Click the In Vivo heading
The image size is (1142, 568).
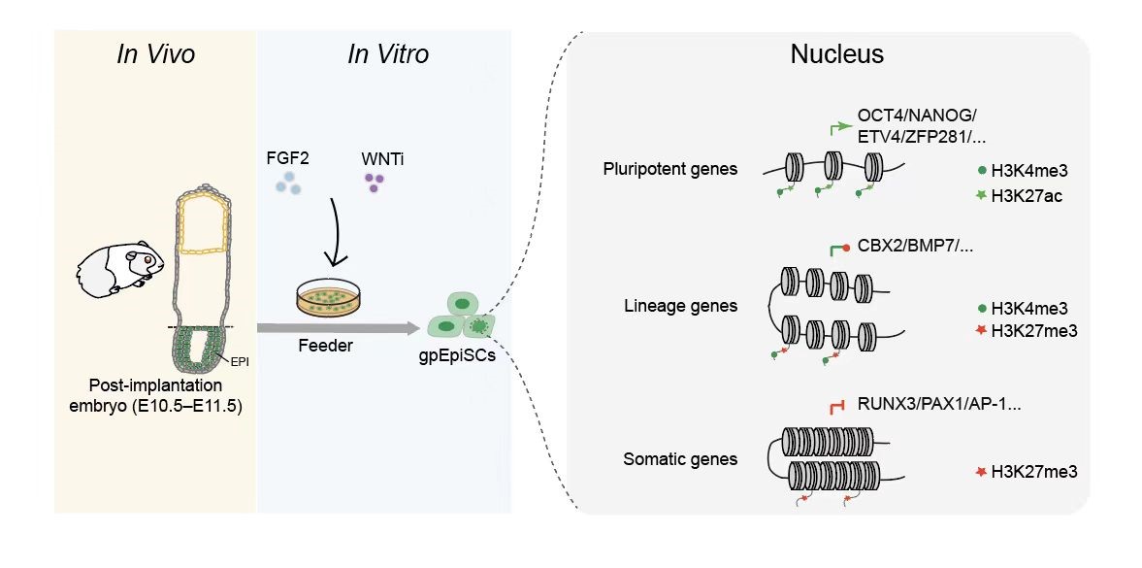coord(155,54)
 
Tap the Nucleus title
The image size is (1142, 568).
coord(836,54)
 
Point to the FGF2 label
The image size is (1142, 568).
coord(287,157)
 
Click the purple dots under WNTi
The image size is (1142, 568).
coord(373,182)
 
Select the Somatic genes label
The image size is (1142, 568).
coord(680,459)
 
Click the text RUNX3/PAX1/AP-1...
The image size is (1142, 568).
coord(938,403)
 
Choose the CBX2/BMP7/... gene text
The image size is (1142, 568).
coord(915,247)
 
